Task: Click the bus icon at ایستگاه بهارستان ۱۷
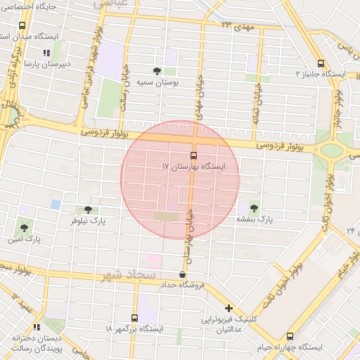pos(193,155)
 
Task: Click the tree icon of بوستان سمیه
pos(156,71)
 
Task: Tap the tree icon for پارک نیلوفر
pos(88,209)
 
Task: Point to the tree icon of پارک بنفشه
pos(253,208)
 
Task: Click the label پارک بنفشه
pos(254,219)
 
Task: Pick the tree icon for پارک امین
pos(25,228)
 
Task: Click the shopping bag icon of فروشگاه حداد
pos(183,274)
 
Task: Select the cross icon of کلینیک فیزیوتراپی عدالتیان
pos(229,308)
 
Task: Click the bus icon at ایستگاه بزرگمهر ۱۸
pos(134,317)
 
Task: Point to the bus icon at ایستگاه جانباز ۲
pos(321,62)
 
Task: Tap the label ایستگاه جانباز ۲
pos(321,73)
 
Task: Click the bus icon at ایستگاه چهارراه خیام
pos(289,337)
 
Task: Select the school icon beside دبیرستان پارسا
pos(46,53)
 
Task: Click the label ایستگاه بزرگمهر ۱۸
pos(134,328)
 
